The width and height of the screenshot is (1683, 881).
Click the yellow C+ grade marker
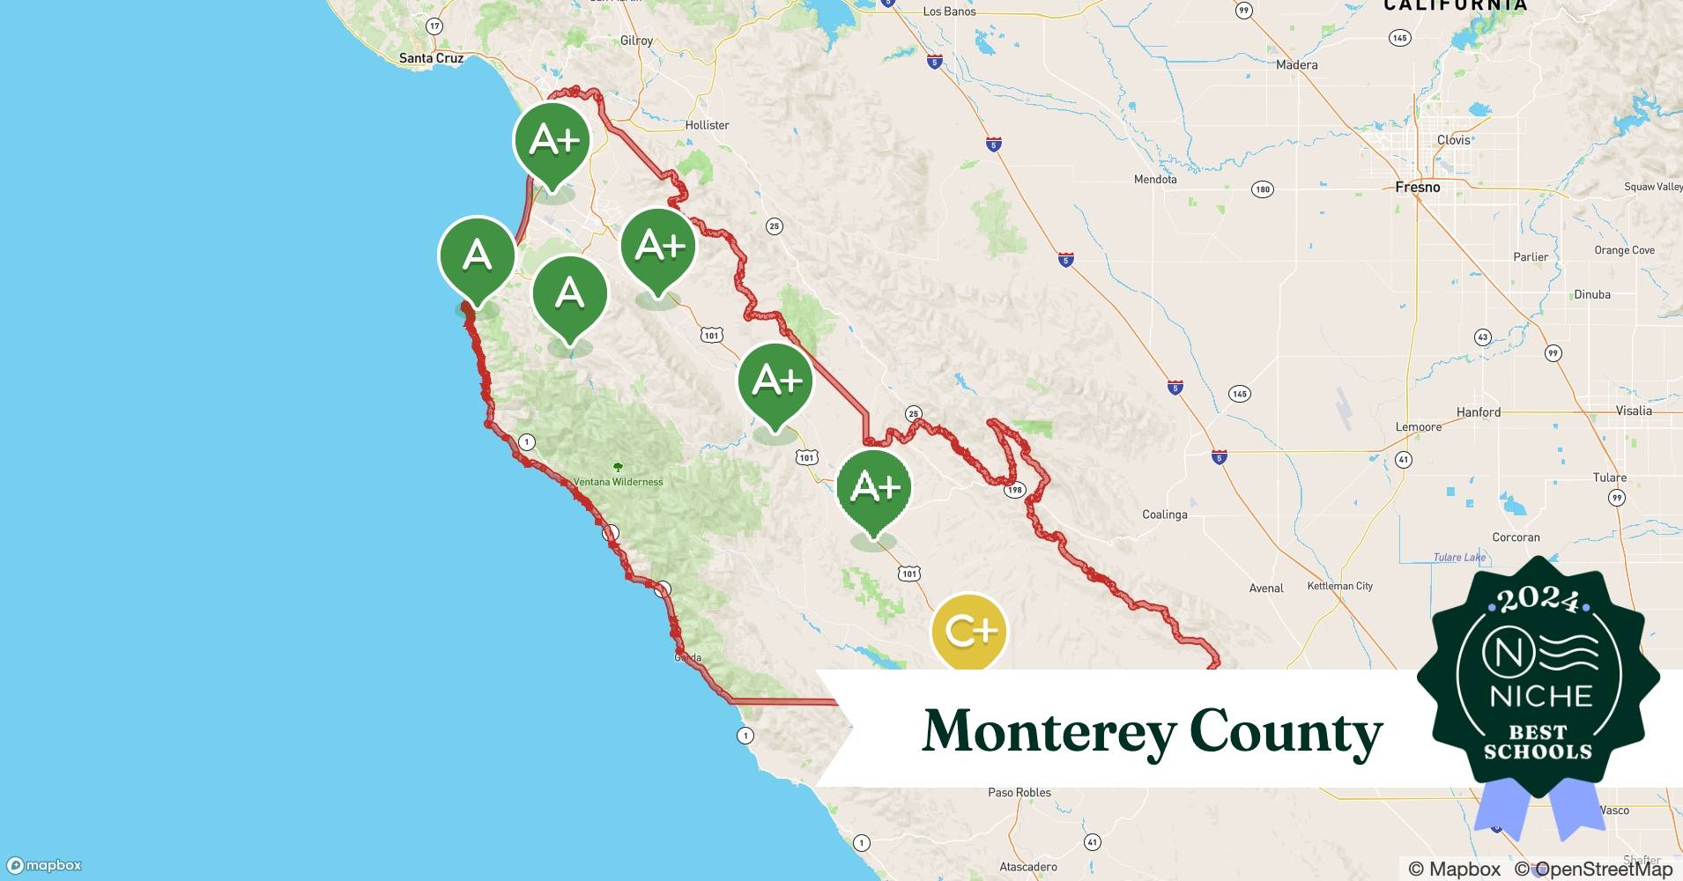pos(968,631)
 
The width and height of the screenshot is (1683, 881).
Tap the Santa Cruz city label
pos(431,58)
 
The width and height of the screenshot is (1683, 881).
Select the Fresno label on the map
pos(1417,187)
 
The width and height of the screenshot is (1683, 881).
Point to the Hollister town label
pos(707,125)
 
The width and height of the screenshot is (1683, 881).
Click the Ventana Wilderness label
pos(619,482)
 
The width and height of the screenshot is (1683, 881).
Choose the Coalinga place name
pos(1164,515)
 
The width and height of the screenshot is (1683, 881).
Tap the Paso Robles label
pos(1019,792)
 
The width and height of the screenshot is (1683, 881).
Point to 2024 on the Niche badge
pos(1538,600)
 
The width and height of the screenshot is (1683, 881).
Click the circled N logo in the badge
pos(1503,653)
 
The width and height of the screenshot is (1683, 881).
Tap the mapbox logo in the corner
pos(44,865)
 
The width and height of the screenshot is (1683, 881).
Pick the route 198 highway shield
pos(1015,490)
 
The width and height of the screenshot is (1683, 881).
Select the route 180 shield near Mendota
pos(1262,189)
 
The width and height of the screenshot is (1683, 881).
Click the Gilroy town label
pos(636,41)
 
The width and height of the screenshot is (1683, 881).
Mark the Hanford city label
pos(1478,411)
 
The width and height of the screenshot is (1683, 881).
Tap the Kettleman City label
pos(1339,586)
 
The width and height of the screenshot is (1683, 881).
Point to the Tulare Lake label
pos(1459,557)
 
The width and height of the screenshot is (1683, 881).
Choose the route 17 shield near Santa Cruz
pos(434,26)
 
